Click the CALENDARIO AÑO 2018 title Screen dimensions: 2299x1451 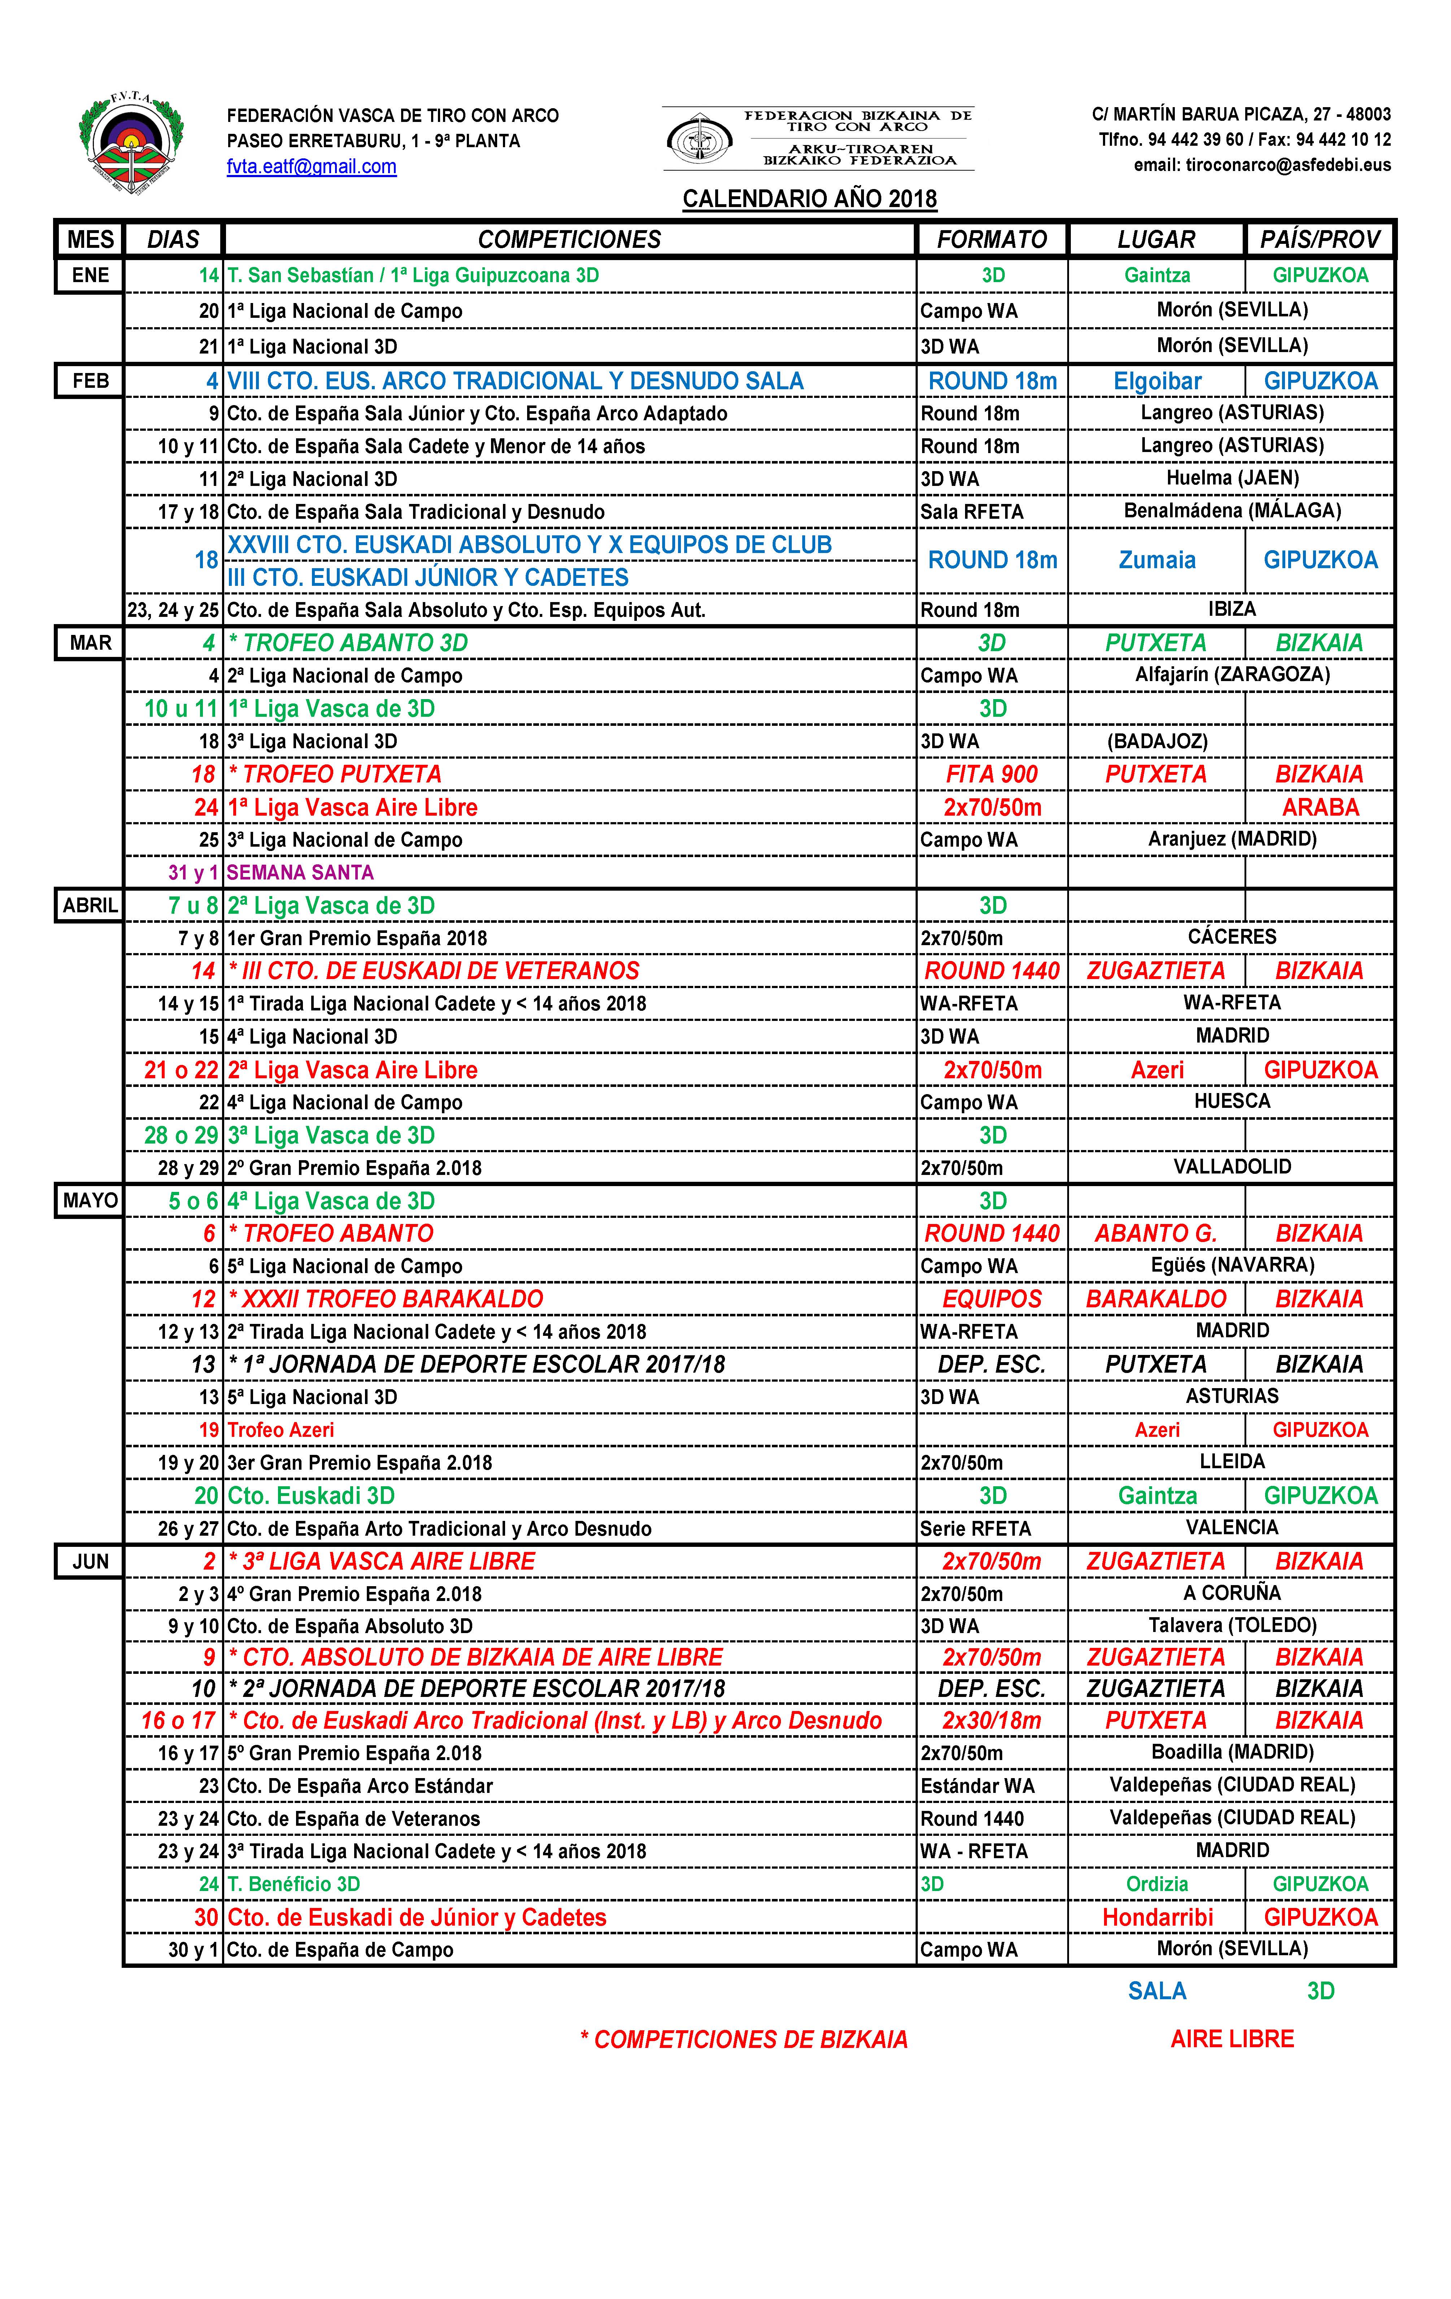pos(809,198)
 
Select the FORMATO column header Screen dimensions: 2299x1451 pos(991,240)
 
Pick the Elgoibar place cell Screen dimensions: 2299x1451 pos(1157,381)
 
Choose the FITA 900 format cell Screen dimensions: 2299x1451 pos(991,774)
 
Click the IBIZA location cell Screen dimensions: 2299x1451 pos(1231,609)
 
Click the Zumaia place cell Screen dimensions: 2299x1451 pos(1157,561)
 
